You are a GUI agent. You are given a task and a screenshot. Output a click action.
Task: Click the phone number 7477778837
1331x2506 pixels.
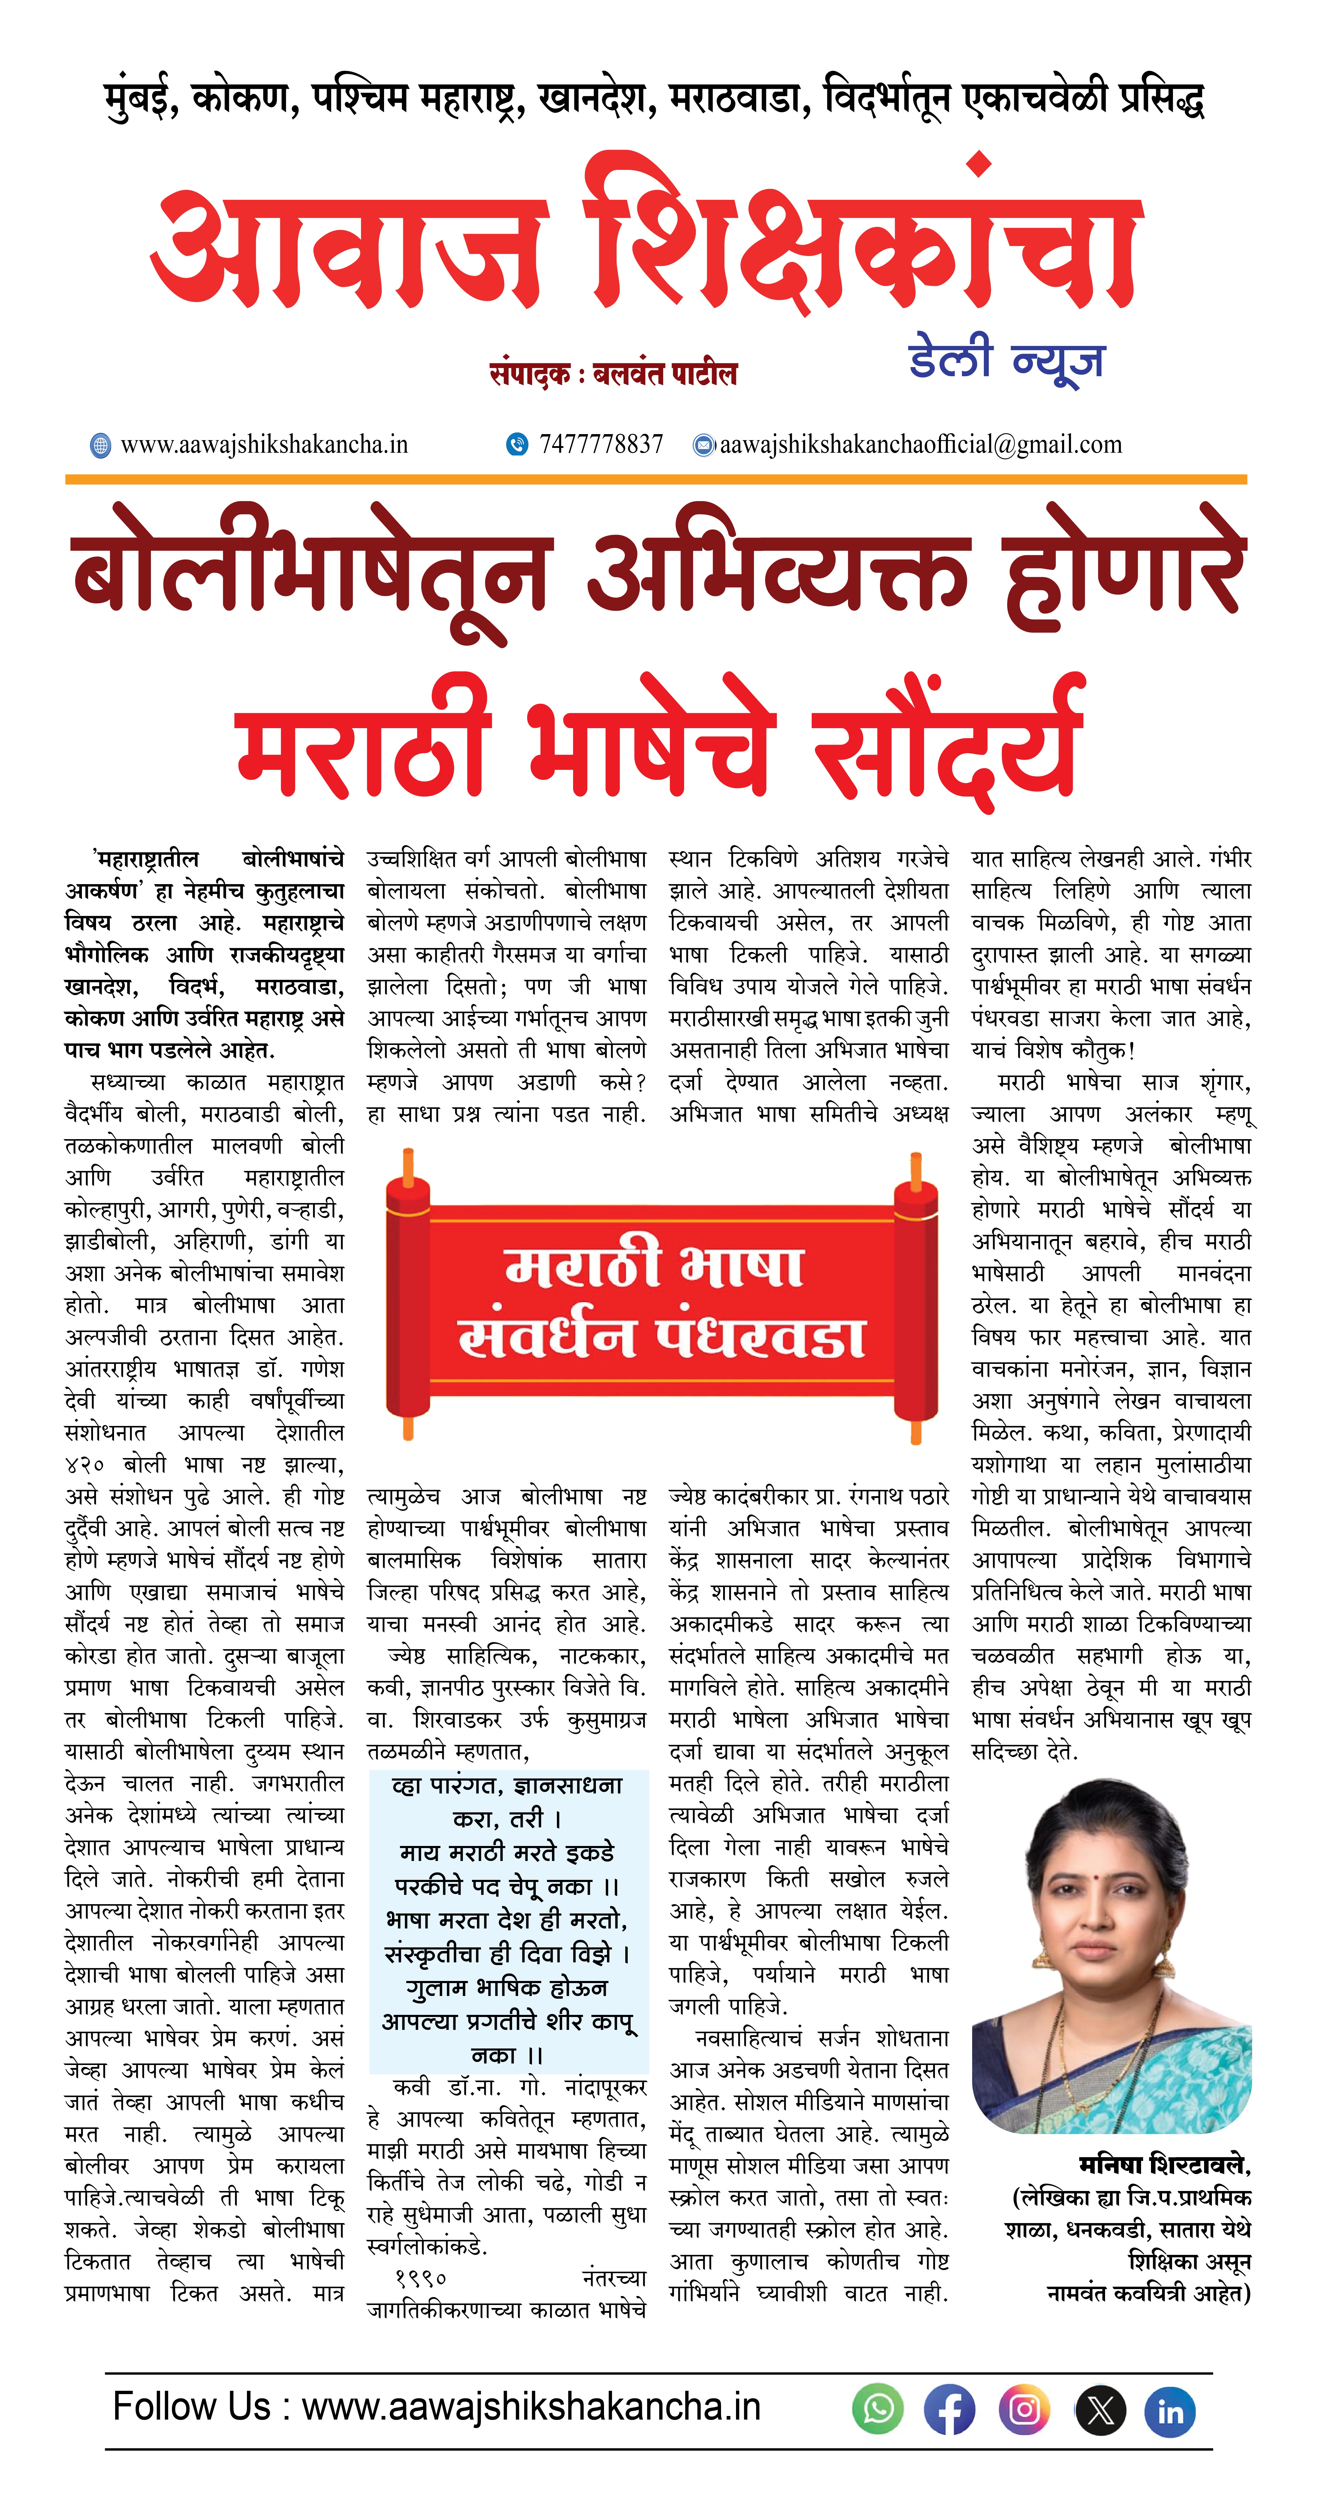tap(600, 445)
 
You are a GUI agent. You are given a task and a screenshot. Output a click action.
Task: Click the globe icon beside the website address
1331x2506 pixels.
tap(100, 446)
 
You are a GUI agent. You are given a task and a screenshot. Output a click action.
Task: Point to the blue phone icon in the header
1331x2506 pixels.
tap(517, 445)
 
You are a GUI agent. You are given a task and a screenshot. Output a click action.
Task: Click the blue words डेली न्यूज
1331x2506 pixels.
tap(1006, 359)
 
